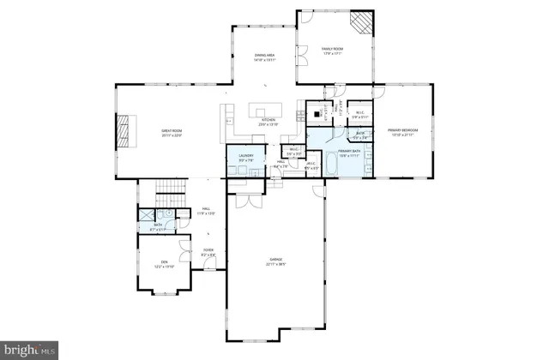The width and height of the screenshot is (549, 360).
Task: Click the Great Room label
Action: [172, 133]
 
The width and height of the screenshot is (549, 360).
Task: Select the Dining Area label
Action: [264, 58]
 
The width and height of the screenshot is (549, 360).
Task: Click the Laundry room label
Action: [244, 156]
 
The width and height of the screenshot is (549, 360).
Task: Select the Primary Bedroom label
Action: [403, 133]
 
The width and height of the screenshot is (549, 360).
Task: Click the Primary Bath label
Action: [349, 153]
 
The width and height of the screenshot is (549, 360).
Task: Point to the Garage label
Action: [275, 261]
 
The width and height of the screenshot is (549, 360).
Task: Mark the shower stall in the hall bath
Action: [146, 216]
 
